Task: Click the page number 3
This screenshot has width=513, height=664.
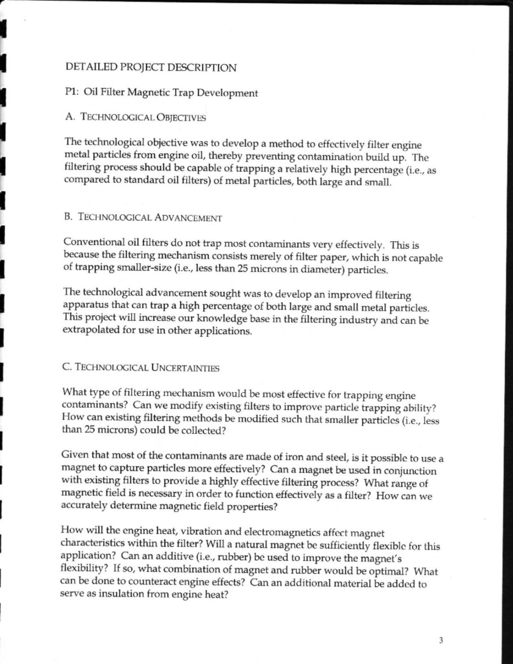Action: (440, 640)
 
